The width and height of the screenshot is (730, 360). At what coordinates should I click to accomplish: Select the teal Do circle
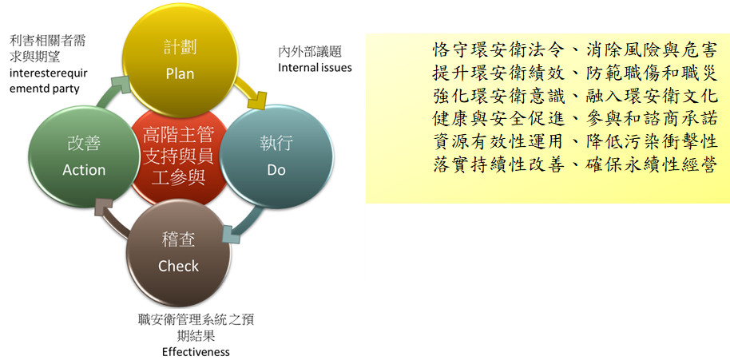[276, 156]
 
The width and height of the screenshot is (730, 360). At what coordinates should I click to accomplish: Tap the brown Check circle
[179, 253]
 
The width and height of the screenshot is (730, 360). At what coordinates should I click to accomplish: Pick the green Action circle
[84, 156]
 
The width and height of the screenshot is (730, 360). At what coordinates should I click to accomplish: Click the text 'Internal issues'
[315, 67]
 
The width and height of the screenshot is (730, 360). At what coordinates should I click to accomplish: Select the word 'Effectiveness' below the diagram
[196, 351]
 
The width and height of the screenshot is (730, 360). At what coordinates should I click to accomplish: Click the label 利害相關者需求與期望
[47, 49]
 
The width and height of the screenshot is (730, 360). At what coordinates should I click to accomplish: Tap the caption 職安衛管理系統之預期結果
[196, 327]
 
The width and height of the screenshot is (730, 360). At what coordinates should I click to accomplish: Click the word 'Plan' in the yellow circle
[180, 74]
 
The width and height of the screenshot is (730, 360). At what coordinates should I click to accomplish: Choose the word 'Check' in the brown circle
[178, 266]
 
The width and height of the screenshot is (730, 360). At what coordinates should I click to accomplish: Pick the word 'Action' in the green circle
[84, 170]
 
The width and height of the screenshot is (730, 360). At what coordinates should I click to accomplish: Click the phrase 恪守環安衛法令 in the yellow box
[498, 49]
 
